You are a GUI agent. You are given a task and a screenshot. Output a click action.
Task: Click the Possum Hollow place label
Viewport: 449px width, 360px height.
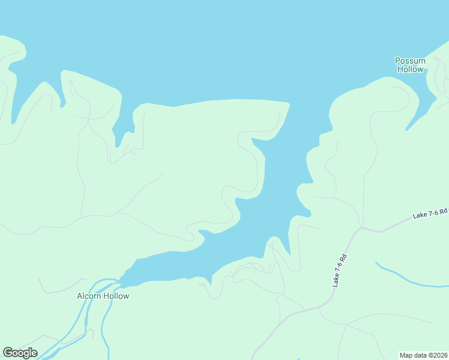(410, 65)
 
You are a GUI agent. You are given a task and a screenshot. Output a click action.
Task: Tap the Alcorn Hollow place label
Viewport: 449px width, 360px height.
(103, 296)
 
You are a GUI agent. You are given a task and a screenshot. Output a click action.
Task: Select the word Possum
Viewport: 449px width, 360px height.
(410, 61)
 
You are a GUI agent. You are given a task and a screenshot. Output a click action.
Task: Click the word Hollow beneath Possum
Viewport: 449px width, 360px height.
(410, 69)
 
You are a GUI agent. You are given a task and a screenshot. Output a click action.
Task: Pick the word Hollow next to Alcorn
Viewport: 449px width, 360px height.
(116, 296)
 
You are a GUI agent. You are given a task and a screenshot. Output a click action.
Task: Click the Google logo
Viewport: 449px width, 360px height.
(20, 353)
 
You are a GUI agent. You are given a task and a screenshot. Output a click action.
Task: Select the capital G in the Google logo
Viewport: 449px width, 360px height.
(8, 352)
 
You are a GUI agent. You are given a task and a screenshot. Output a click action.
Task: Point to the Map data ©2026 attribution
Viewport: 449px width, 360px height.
(423, 355)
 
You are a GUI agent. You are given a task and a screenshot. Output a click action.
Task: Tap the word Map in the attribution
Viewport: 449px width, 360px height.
(406, 355)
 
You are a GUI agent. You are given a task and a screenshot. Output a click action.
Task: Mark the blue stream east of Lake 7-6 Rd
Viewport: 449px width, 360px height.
(408, 278)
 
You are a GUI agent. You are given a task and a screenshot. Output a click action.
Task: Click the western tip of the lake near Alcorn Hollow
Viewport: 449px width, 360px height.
(124, 278)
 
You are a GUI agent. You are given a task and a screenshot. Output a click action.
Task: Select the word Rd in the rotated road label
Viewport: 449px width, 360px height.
(345, 258)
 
